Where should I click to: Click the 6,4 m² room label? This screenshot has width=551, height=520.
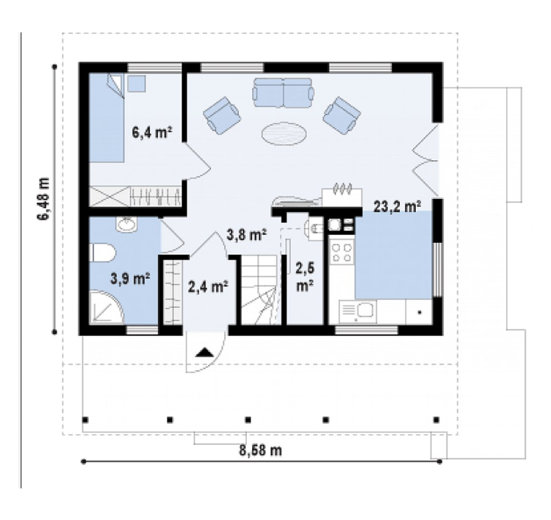coord(152,133)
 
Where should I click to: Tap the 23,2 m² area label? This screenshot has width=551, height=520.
coord(397,207)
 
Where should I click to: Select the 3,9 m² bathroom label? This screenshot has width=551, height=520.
coord(130,278)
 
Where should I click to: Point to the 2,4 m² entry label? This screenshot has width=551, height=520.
coord(209,286)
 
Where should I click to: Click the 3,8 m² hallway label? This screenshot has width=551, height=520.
coord(246,235)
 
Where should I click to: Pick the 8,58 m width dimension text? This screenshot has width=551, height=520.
coord(260,450)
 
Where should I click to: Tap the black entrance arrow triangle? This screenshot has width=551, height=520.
coord(204,353)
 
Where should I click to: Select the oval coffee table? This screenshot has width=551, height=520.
coord(284,134)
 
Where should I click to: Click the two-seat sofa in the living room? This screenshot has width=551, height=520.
coord(283,93)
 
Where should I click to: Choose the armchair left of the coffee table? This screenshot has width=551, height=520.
coord(222,115)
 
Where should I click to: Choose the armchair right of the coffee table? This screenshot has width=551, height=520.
coord(342,115)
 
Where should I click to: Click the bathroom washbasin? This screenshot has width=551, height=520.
coord(126,224)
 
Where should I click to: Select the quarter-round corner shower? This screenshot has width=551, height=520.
coord(107,307)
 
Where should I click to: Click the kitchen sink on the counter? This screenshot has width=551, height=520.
coord(358,311)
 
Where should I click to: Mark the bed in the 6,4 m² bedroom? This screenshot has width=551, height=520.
coord(107,118)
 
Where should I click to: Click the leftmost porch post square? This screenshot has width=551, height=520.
coord(85,419)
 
